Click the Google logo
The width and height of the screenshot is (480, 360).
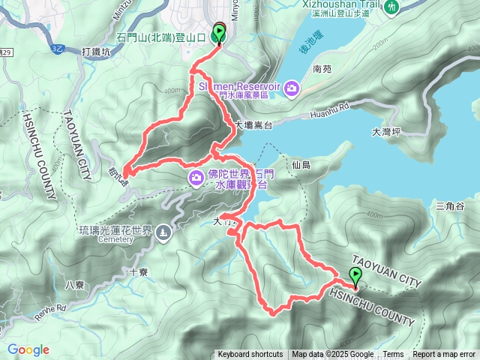(x=28, y=349)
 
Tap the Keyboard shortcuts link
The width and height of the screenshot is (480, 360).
(x=250, y=355)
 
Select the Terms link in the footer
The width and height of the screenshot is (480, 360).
(x=393, y=355)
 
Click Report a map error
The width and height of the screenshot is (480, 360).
(x=444, y=355)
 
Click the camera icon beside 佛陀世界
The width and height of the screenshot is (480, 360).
(x=196, y=177)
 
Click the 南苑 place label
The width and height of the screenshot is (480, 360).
(x=322, y=69)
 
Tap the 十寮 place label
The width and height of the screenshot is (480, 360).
(x=138, y=273)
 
